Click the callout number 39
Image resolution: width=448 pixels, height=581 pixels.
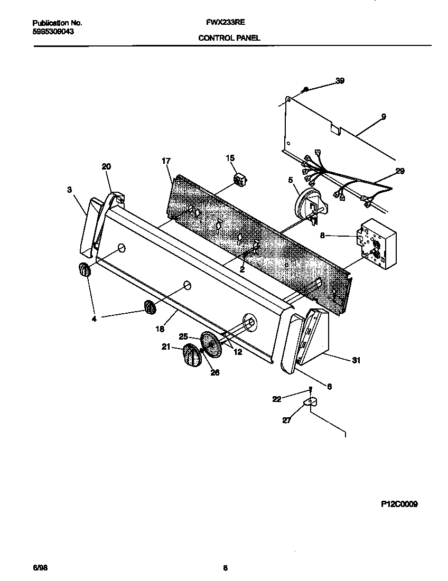[x=340, y=81]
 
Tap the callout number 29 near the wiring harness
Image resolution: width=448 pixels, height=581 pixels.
[x=399, y=171]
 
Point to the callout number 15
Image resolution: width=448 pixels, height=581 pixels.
[x=230, y=158]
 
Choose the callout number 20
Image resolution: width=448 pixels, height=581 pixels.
[x=106, y=166]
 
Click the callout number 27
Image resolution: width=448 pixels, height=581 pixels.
[x=286, y=420]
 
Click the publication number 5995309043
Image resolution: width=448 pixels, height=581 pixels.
[x=53, y=32]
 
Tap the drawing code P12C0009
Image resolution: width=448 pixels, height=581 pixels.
[x=399, y=504]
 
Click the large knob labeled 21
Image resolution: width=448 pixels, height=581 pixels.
[x=192, y=356]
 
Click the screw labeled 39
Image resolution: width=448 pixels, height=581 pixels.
[x=305, y=90]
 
